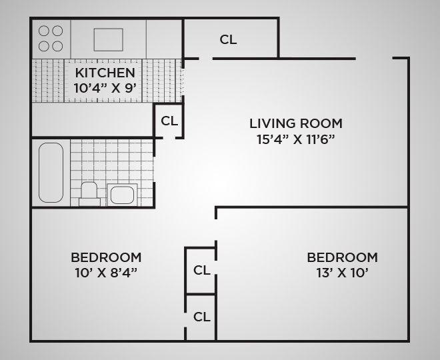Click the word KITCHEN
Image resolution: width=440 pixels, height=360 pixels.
tap(105, 72)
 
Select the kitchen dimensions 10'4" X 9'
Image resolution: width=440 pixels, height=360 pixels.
tap(105, 87)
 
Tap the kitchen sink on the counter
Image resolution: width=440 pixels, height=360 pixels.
tap(108, 39)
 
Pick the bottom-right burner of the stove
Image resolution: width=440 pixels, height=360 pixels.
tap(57, 46)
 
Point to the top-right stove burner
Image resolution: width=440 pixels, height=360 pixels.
tap(57, 31)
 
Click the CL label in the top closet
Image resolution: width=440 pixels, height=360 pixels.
tap(228, 39)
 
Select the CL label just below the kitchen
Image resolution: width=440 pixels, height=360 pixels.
tap(169, 121)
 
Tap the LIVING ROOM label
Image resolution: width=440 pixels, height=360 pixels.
tap(295, 123)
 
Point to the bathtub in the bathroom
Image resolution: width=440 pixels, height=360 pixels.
tap(51, 172)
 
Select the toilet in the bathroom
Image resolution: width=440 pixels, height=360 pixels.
tap(89, 191)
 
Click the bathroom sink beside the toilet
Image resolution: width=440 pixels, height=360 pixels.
tap(122, 195)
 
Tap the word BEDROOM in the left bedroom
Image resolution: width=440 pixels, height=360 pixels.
tap(106, 257)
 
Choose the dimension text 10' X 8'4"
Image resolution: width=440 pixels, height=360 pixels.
tap(106, 272)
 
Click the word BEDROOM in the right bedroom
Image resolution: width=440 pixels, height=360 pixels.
tap(342, 257)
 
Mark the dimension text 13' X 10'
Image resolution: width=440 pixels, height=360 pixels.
tap(342, 272)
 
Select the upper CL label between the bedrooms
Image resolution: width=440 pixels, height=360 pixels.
tap(201, 270)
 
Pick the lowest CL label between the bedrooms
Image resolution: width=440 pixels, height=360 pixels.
tap(201, 317)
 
